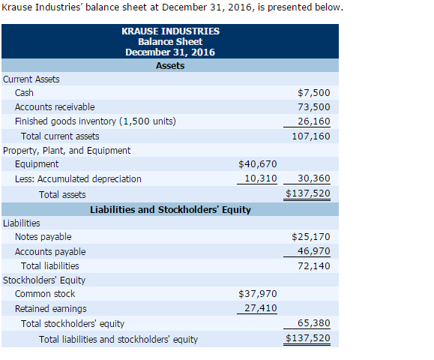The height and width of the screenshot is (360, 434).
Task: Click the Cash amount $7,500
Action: pyautogui.click(x=313, y=93)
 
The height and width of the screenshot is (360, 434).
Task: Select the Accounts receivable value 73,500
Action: pyautogui.click(x=315, y=107)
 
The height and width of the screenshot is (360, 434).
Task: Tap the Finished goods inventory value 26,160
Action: pyautogui.click(x=315, y=121)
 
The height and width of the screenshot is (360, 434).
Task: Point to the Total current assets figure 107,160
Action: pyautogui.click(x=312, y=136)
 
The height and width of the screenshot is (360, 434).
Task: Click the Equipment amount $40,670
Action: pyautogui.click(x=257, y=164)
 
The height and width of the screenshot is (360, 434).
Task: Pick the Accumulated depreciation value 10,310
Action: pyautogui.click(x=261, y=178)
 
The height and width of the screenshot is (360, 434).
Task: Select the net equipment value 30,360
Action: pyautogui.click(x=315, y=178)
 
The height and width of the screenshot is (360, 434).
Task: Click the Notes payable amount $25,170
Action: pyautogui.click(x=310, y=237)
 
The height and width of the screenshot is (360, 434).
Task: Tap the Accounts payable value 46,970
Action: pyautogui.click(x=315, y=251)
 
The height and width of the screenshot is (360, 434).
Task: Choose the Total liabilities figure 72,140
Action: pyautogui.click(x=315, y=265)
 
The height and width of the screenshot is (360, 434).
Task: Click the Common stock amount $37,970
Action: pyautogui.click(x=257, y=294)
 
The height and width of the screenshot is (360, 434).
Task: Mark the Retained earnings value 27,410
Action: pyautogui.click(x=261, y=308)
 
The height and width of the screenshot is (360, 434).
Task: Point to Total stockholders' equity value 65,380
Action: pyautogui.click(x=315, y=323)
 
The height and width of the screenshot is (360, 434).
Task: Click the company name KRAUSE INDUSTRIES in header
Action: pyautogui.click(x=170, y=31)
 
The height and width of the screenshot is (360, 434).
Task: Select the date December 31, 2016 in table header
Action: pyautogui.click(x=170, y=52)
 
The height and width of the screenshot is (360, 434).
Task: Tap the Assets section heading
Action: pyautogui.click(x=170, y=65)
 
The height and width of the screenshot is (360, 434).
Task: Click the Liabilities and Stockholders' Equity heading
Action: pyautogui.click(x=170, y=209)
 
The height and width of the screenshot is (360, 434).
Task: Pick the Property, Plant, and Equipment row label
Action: pyautogui.click(x=67, y=150)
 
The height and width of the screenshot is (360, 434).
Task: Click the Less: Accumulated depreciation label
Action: pyautogui.click(x=78, y=178)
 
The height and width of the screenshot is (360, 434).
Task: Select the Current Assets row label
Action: pyautogui.click(x=31, y=79)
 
